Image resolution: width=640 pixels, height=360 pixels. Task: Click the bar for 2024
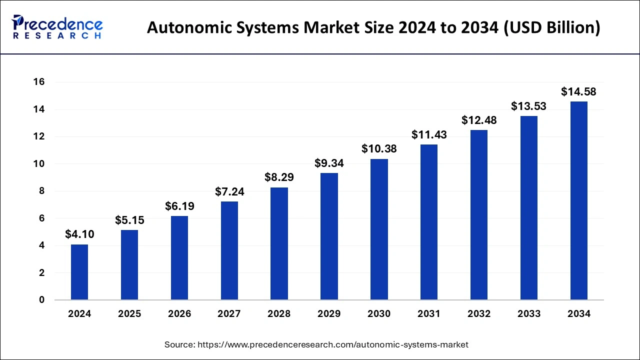pyautogui.click(x=79, y=272)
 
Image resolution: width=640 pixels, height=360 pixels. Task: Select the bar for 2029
pyautogui.click(x=329, y=236)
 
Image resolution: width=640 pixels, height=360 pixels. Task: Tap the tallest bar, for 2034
pyautogui.click(x=579, y=200)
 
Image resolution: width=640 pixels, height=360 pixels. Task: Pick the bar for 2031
pyautogui.click(x=429, y=222)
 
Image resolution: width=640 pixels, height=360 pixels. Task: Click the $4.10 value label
pyautogui.click(x=79, y=234)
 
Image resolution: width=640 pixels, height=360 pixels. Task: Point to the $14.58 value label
pyautogui.click(x=578, y=91)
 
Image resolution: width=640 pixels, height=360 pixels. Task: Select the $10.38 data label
pyautogui.click(x=379, y=149)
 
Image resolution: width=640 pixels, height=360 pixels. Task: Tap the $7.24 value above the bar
pyautogui.click(x=229, y=191)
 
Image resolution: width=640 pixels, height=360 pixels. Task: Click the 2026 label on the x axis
pyautogui.click(x=179, y=314)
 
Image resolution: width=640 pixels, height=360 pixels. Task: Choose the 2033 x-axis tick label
pyautogui.click(x=529, y=314)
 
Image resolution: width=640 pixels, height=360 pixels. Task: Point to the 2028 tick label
pyautogui.click(x=279, y=314)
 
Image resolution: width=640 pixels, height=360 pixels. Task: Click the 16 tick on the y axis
pyautogui.click(x=39, y=82)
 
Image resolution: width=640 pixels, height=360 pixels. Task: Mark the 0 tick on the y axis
pyautogui.click(x=42, y=300)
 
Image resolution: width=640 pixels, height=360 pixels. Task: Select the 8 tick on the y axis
pyautogui.click(x=42, y=191)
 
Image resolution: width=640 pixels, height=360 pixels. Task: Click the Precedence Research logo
pyautogui.click(x=57, y=27)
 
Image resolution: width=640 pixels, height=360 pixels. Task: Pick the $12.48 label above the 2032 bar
pyautogui.click(x=479, y=120)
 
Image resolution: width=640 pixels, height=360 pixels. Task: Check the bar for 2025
pyautogui.click(x=129, y=265)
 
